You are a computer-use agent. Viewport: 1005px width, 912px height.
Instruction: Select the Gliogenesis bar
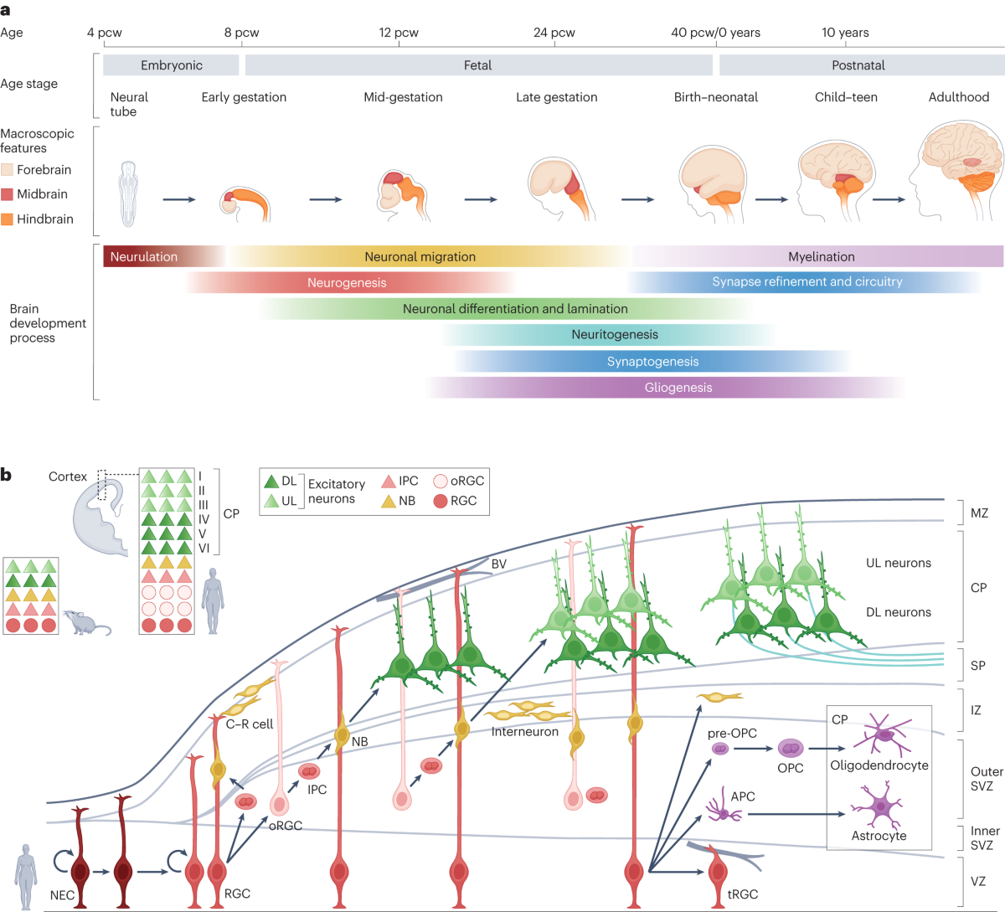(678, 388)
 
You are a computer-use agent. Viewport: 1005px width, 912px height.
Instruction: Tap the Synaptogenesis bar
(652, 362)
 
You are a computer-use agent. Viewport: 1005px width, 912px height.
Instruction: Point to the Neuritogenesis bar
(615, 335)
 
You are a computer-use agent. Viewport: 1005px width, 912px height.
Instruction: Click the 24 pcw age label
(554, 33)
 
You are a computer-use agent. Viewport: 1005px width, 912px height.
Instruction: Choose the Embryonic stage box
(172, 65)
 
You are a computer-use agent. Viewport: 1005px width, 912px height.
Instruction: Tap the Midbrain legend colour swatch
(8, 194)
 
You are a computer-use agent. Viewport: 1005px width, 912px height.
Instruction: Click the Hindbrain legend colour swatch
(8, 219)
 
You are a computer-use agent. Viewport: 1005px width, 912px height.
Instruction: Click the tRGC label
(743, 894)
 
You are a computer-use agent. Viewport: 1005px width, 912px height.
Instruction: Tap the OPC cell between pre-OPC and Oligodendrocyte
(791, 748)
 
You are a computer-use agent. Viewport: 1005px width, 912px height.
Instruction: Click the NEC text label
(62, 895)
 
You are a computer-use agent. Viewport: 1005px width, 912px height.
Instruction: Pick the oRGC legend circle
(441, 481)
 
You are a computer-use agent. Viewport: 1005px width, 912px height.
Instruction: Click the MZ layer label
(979, 513)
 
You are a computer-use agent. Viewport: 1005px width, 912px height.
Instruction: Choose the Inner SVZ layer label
(985, 837)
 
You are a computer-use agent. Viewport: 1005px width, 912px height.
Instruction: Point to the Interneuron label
(525, 732)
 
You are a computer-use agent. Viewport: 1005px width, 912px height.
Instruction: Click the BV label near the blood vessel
(499, 564)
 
